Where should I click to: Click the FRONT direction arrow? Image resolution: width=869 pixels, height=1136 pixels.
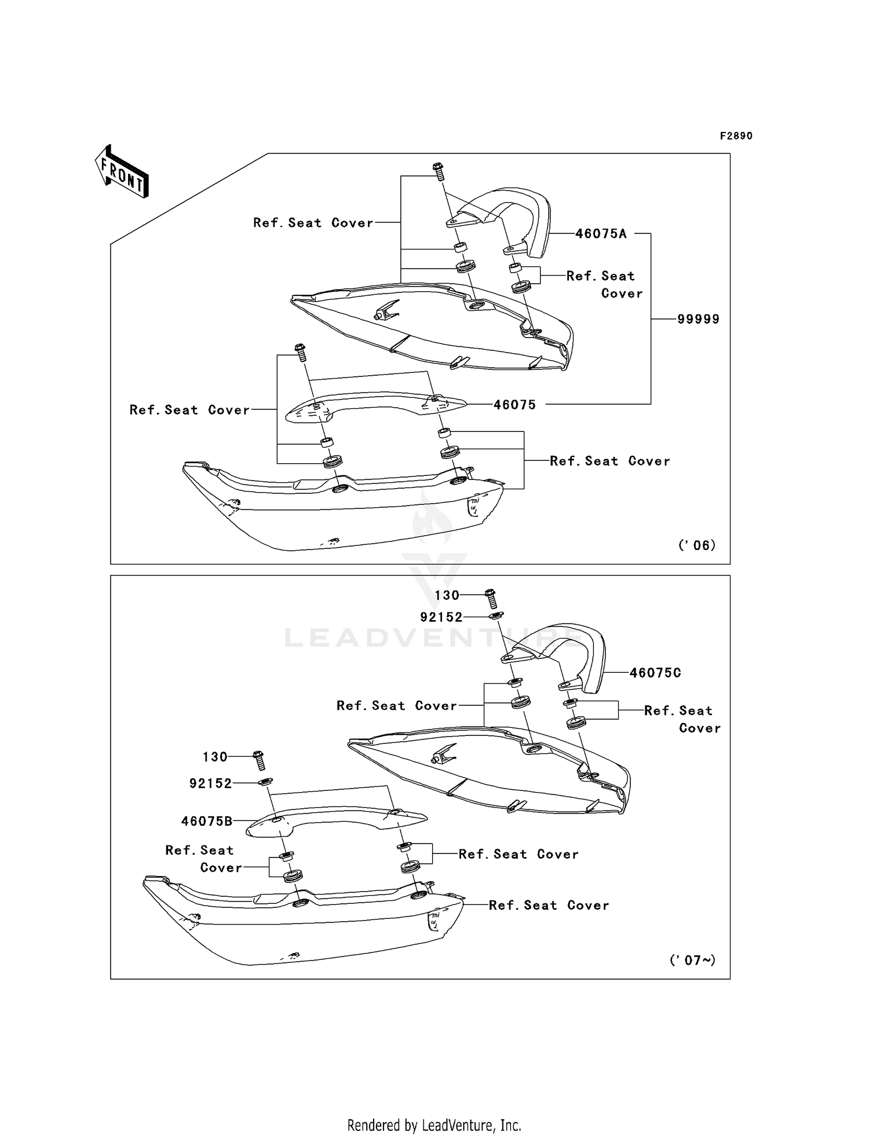122,172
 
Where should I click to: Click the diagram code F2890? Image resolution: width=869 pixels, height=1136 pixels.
736,136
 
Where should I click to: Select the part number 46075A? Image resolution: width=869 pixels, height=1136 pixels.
601,234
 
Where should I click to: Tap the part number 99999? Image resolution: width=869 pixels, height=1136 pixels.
698,319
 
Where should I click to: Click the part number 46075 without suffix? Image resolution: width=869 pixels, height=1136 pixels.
514,405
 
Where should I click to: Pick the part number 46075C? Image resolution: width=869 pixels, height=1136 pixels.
655,673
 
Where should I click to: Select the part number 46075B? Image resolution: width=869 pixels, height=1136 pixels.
206,821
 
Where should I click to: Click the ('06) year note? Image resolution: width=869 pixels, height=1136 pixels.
696,545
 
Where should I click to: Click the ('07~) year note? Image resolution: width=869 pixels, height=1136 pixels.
692,960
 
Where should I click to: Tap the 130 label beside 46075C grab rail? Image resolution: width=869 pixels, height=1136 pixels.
447,595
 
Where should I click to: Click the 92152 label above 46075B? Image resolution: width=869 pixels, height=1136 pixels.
210,783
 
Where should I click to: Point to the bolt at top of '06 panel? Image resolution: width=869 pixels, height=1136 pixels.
439,171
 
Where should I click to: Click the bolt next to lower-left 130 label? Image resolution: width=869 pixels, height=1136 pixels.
259,760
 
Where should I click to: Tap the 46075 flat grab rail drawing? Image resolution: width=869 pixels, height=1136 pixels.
377,402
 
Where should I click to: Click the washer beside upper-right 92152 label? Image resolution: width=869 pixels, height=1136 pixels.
495,616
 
